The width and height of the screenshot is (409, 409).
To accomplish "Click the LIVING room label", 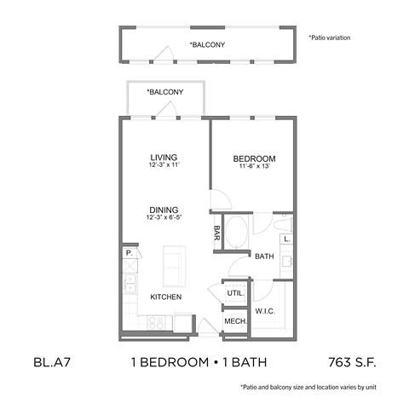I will pyautogui.click(x=164, y=158).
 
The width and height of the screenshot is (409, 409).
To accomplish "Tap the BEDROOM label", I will pyautogui.click(x=254, y=159).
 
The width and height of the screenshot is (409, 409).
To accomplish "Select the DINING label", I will pyautogui.click(x=164, y=209).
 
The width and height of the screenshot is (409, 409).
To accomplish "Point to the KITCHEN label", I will pyautogui.click(x=166, y=297).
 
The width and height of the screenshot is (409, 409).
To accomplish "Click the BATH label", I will pyautogui.click(x=263, y=256).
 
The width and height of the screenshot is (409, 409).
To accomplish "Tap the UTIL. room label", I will pyautogui.click(x=235, y=293).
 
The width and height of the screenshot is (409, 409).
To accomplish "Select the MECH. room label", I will pyautogui.click(x=234, y=320).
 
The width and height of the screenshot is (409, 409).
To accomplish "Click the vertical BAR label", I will pyautogui.click(x=217, y=232).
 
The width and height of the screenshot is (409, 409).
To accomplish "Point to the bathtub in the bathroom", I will pyautogui.click(x=239, y=231).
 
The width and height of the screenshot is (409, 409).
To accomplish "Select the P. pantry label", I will pyautogui.click(x=129, y=253).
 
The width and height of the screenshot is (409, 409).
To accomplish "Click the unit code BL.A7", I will pyautogui.click(x=55, y=362).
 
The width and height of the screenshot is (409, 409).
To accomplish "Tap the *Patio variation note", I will pyautogui.click(x=329, y=38).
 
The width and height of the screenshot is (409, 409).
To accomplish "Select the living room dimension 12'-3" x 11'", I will pyautogui.click(x=164, y=167).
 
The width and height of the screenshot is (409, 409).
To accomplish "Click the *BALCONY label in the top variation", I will pyautogui.click(x=207, y=44).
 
